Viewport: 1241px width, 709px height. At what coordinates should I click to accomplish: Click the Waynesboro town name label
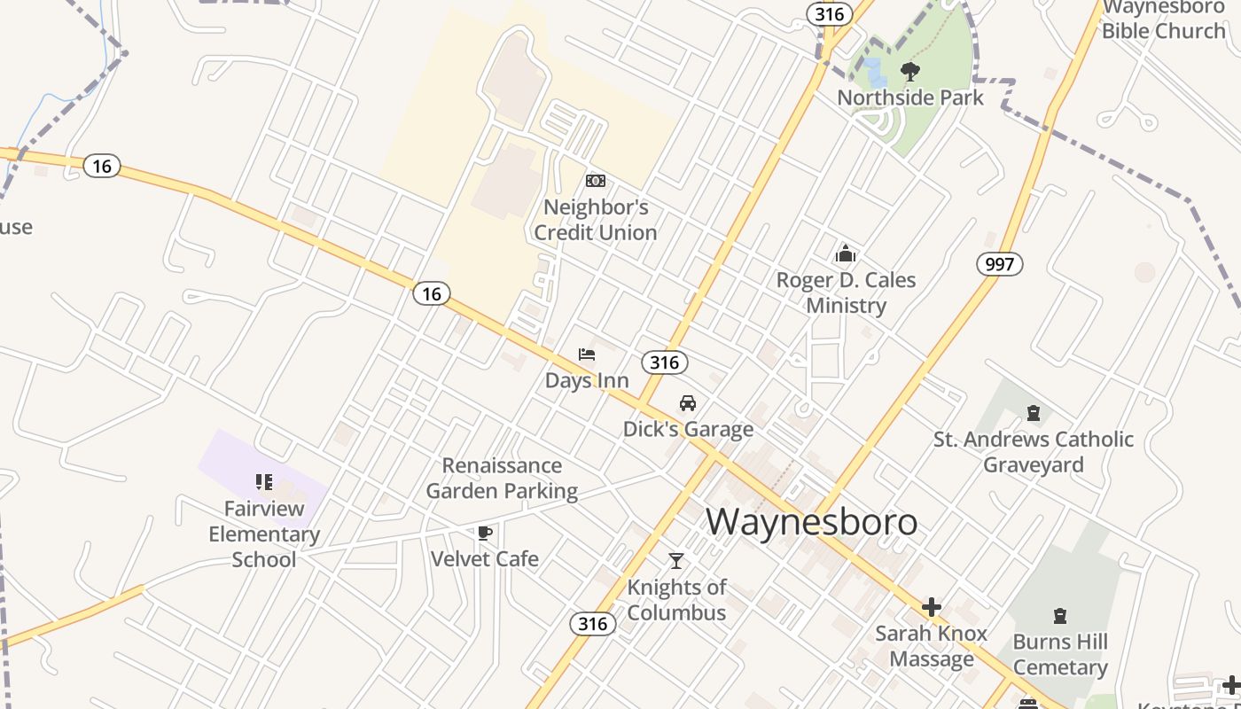[811, 522]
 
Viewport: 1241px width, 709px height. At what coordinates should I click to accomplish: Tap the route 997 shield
[1000, 264]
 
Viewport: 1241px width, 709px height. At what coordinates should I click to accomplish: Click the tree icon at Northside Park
[909, 72]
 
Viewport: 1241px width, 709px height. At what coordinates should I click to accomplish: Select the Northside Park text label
[910, 97]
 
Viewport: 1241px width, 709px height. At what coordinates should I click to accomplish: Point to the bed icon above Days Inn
[587, 354]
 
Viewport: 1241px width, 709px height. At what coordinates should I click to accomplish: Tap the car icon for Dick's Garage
[688, 403]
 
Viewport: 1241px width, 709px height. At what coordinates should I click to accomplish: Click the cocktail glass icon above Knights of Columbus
[676, 560]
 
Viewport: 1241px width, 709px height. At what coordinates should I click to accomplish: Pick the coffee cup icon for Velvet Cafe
[484, 533]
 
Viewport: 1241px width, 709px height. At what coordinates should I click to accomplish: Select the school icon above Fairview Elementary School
[263, 482]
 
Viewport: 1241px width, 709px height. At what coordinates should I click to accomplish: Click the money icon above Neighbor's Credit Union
[596, 181]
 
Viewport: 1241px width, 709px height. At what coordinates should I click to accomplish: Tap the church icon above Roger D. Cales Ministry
[846, 254]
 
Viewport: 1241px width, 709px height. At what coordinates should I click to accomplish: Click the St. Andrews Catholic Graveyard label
[1034, 452]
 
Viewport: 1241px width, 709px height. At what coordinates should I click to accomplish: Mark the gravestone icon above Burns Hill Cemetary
[1060, 616]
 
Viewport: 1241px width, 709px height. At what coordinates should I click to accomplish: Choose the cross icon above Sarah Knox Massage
[931, 607]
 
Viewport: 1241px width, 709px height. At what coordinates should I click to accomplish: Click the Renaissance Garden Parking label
[502, 479]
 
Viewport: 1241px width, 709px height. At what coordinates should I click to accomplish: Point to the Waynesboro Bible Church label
[1164, 19]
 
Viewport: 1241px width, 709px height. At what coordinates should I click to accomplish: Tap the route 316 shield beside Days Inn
[664, 362]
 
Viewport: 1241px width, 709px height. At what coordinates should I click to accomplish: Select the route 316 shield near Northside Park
[830, 14]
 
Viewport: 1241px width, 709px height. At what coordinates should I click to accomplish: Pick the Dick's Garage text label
[688, 430]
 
